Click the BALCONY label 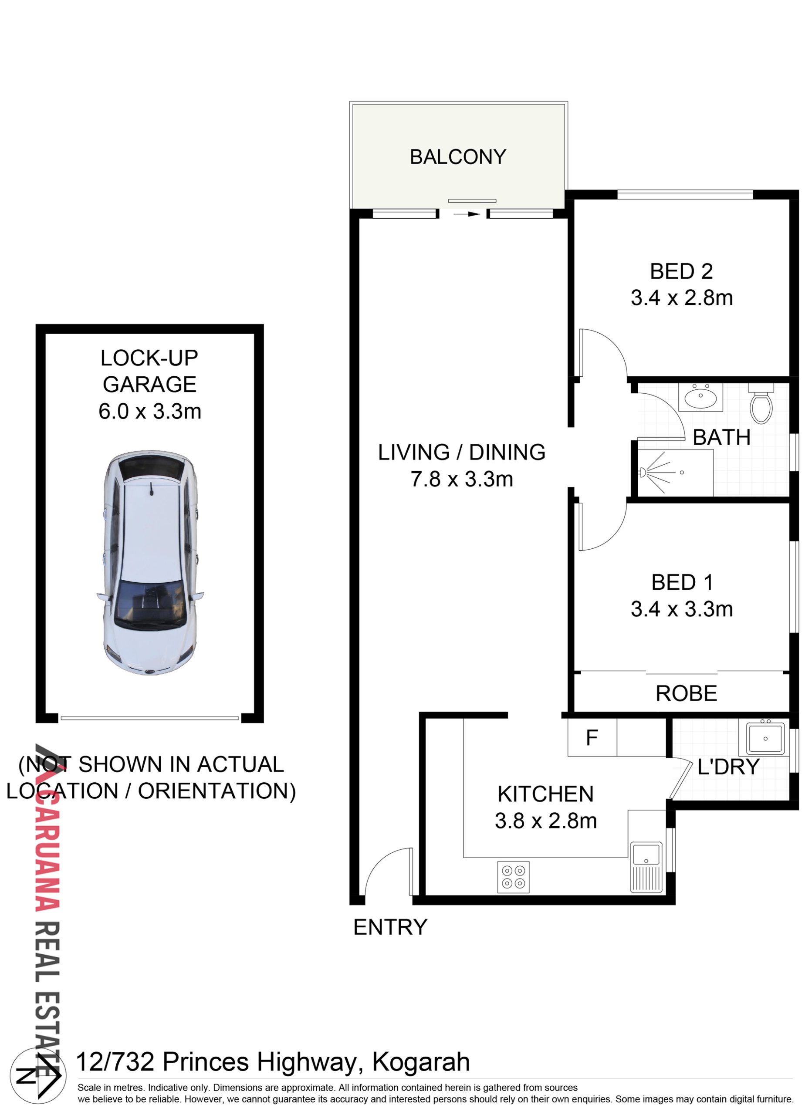[458, 157]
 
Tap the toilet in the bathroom [761, 404]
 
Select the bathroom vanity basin [701, 397]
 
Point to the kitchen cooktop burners [514, 877]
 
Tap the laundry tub [765, 738]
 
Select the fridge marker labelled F [592, 738]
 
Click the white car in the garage [150, 562]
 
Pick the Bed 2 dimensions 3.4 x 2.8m [682, 298]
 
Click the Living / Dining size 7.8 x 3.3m [462, 479]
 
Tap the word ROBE [686, 693]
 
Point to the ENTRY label [390, 927]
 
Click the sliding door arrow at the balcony [466, 214]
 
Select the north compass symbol [38, 1076]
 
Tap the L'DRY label [728, 767]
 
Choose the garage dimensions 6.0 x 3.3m [150, 411]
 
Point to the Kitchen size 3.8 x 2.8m [545, 821]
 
